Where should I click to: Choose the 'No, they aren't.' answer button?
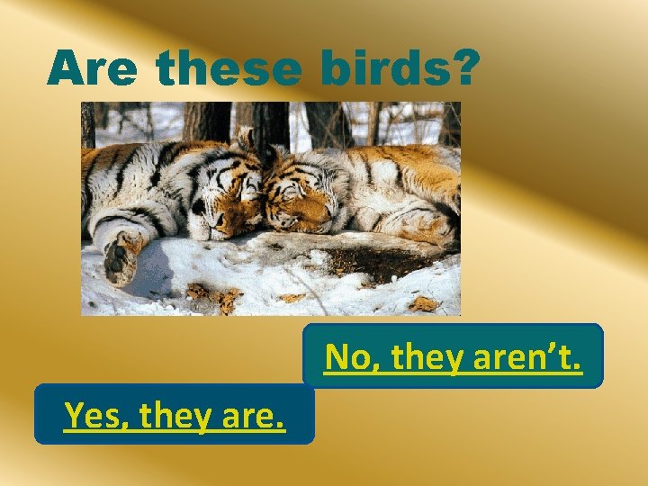[x=453, y=356]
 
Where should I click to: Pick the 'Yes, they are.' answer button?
[x=175, y=414]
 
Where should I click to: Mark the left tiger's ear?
[x=244, y=139]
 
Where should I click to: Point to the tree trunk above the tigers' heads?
[x=269, y=121]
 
